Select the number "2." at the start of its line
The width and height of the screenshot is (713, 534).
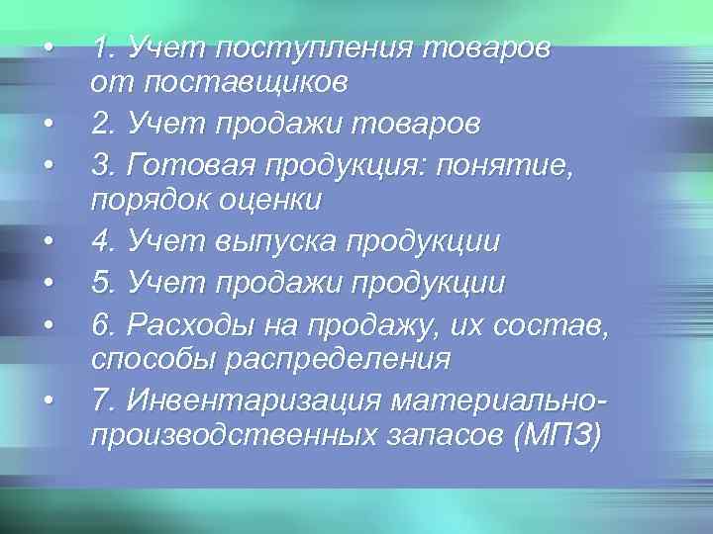coord(103,124)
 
